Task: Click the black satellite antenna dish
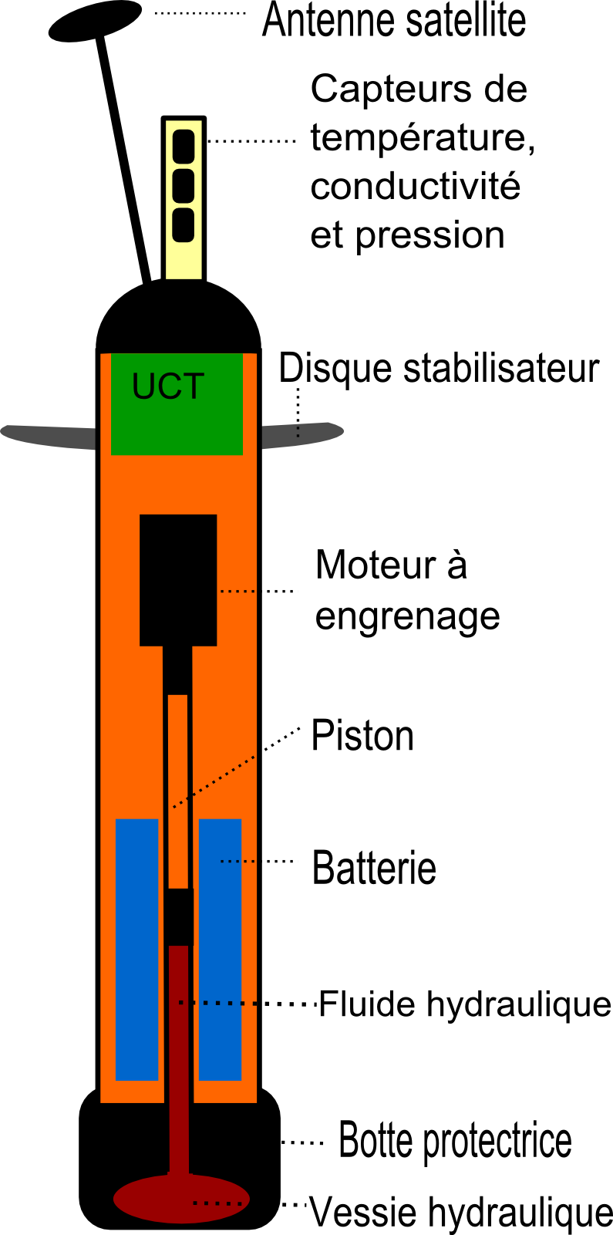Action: (x=94, y=20)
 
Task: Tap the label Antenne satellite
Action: (x=393, y=21)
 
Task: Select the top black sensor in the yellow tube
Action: (x=183, y=147)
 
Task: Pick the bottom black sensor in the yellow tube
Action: (x=183, y=224)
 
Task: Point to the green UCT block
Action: (x=177, y=403)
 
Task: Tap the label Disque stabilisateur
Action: (x=438, y=369)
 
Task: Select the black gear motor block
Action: (x=178, y=579)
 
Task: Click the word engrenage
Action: (x=407, y=616)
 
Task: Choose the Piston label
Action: (x=362, y=736)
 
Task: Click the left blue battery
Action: (x=136, y=949)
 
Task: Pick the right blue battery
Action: (x=220, y=949)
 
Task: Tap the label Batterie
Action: (x=373, y=868)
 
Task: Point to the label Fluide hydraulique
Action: (x=464, y=1004)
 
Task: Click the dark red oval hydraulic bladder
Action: (x=181, y=1199)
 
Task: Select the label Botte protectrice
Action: (x=455, y=1141)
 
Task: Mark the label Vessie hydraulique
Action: (x=460, y=1212)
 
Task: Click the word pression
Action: (x=429, y=235)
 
